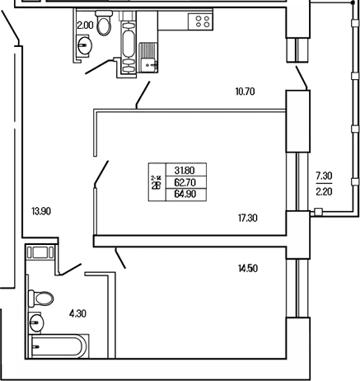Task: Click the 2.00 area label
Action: click(x=85, y=26)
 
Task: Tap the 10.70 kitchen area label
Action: click(x=245, y=92)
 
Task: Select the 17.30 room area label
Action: click(x=248, y=219)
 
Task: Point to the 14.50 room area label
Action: click(x=248, y=268)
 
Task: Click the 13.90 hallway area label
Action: click(x=41, y=211)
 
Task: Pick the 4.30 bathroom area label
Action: click(x=77, y=313)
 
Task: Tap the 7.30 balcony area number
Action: click(x=324, y=176)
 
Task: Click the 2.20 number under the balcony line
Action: click(x=324, y=191)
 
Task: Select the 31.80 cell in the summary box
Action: click(x=185, y=171)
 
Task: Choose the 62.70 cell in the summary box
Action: click(x=185, y=182)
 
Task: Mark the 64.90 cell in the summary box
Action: click(x=185, y=194)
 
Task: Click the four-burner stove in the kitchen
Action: click(x=200, y=21)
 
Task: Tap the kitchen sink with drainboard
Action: click(x=148, y=58)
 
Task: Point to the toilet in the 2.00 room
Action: click(x=104, y=22)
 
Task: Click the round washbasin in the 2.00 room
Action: click(x=85, y=45)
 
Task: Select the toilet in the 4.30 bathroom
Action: click(x=41, y=299)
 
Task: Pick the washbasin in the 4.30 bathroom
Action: click(x=37, y=322)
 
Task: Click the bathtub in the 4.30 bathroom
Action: click(x=58, y=346)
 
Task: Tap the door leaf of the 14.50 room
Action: click(x=120, y=258)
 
